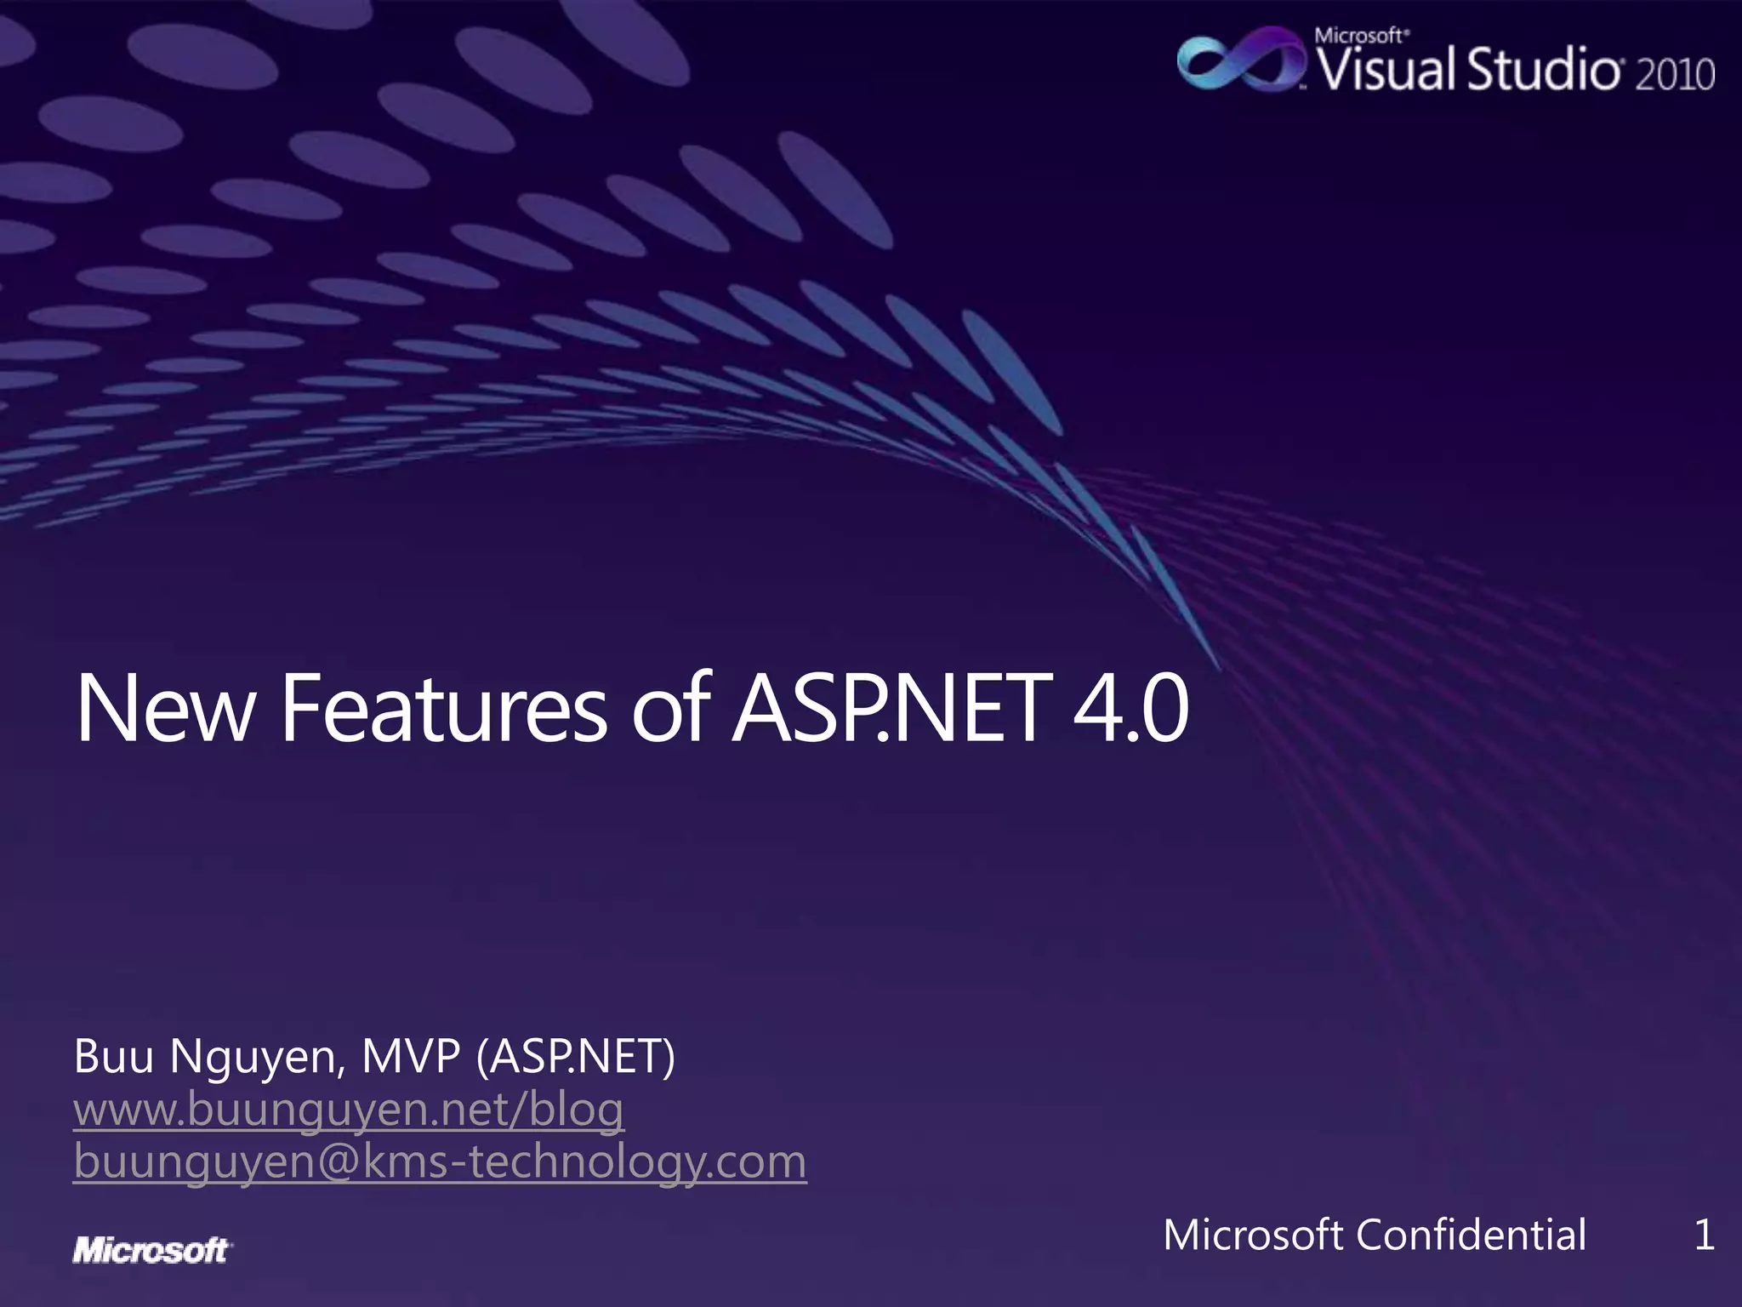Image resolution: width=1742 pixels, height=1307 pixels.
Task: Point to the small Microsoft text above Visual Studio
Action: [x=1359, y=36]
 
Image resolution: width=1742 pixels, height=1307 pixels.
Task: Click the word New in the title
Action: [x=166, y=708]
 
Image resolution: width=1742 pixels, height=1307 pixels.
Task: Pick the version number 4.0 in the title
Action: [x=1130, y=708]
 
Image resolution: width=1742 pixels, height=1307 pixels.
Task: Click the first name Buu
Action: [x=114, y=1057]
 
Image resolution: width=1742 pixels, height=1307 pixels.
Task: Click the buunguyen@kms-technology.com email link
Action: [x=440, y=1162]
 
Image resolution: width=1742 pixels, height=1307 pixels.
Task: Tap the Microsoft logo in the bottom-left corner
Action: [x=151, y=1250]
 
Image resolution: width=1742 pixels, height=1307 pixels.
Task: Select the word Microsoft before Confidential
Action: [x=1253, y=1235]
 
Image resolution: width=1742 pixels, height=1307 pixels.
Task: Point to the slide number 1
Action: [x=1704, y=1235]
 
